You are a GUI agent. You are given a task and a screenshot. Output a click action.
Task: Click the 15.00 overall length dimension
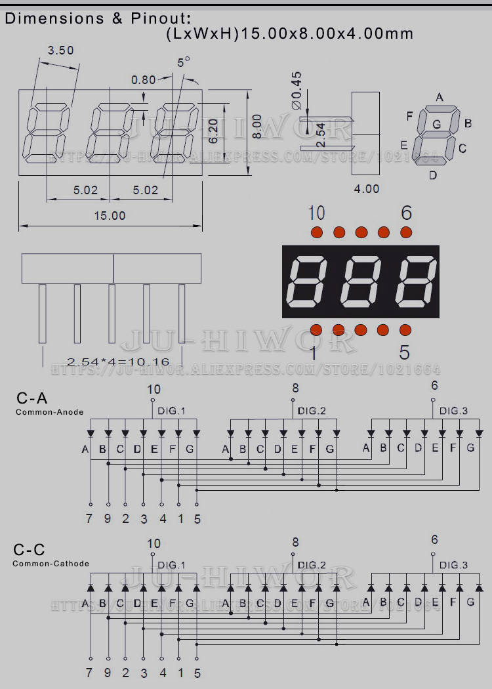click(x=110, y=215)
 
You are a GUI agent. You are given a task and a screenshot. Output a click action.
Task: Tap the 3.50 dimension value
click(x=61, y=50)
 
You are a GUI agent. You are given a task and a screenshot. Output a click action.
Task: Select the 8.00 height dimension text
click(x=257, y=126)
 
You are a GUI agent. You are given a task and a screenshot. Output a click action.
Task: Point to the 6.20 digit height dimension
click(x=213, y=131)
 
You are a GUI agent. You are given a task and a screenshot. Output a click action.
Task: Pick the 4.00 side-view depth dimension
click(x=367, y=189)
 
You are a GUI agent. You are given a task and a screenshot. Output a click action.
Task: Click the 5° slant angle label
click(x=184, y=62)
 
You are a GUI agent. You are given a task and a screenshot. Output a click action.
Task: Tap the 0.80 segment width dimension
click(x=143, y=80)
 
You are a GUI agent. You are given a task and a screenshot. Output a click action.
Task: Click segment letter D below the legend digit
click(x=433, y=175)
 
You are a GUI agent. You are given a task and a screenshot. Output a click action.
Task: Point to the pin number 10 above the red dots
click(x=316, y=213)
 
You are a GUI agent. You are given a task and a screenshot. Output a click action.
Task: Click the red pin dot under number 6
click(x=406, y=232)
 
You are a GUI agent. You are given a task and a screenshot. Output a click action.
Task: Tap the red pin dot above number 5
click(x=405, y=329)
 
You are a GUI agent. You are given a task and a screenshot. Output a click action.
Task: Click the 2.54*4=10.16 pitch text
click(x=118, y=362)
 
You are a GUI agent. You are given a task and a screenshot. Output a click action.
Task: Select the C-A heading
click(x=32, y=398)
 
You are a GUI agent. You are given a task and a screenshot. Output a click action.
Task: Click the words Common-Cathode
click(x=51, y=564)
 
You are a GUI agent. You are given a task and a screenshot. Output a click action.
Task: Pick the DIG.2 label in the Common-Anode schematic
click(x=312, y=411)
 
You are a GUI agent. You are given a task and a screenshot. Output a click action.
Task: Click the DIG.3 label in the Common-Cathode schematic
click(x=453, y=565)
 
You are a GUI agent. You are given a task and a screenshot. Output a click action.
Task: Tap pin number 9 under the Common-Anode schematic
click(x=108, y=519)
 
